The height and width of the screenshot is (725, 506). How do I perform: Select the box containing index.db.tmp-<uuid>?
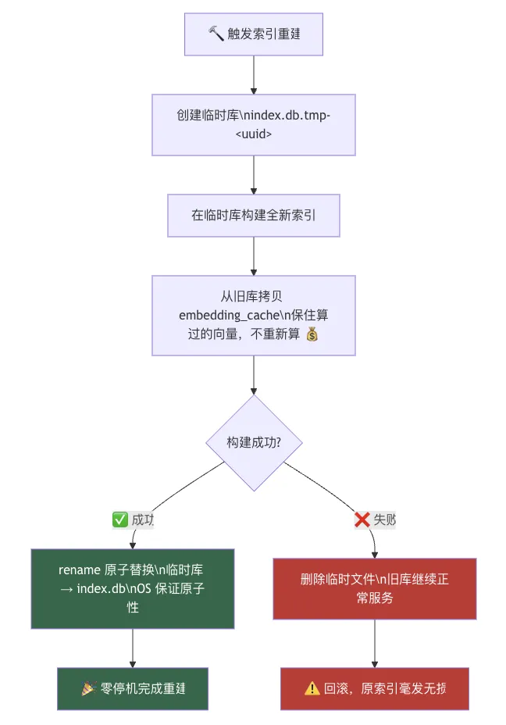(x=253, y=124)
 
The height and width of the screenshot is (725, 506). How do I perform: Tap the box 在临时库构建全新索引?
(x=253, y=215)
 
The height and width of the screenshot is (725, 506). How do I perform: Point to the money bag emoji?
(x=312, y=334)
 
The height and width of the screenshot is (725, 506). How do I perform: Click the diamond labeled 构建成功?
(x=254, y=442)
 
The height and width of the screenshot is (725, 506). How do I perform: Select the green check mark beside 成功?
(x=120, y=520)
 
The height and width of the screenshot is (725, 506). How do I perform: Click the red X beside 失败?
(x=362, y=520)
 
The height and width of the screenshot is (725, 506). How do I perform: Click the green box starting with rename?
(x=133, y=588)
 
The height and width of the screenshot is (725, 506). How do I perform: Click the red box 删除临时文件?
(x=375, y=588)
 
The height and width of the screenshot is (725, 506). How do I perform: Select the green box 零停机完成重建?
(x=133, y=688)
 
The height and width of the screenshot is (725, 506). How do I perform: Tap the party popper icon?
(x=88, y=688)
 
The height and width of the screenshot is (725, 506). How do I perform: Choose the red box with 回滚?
(x=375, y=688)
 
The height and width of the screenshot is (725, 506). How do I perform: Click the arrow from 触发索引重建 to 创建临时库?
(x=253, y=75)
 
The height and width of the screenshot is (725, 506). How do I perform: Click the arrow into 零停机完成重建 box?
(x=133, y=648)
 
